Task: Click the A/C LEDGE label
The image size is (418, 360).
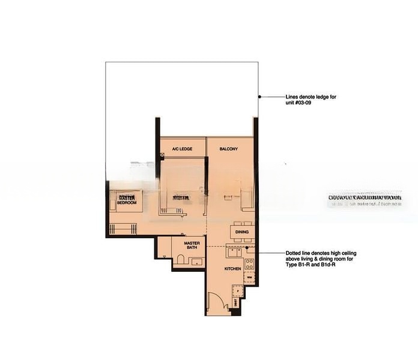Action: (x=182, y=149)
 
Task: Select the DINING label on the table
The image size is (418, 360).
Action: (x=242, y=232)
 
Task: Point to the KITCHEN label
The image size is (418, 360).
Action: (x=232, y=269)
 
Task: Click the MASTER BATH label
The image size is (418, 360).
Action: (x=192, y=245)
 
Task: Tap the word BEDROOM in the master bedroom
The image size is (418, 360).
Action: (x=127, y=203)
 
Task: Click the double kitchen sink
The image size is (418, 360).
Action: (x=235, y=252)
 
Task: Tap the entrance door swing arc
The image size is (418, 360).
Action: (x=213, y=299)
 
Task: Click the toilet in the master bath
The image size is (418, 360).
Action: (x=180, y=259)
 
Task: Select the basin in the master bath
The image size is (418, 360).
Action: (x=196, y=262)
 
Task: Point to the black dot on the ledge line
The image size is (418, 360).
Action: (x=259, y=97)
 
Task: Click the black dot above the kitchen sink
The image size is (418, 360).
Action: (x=247, y=247)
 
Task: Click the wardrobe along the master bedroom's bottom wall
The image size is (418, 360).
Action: (x=124, y=228)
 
